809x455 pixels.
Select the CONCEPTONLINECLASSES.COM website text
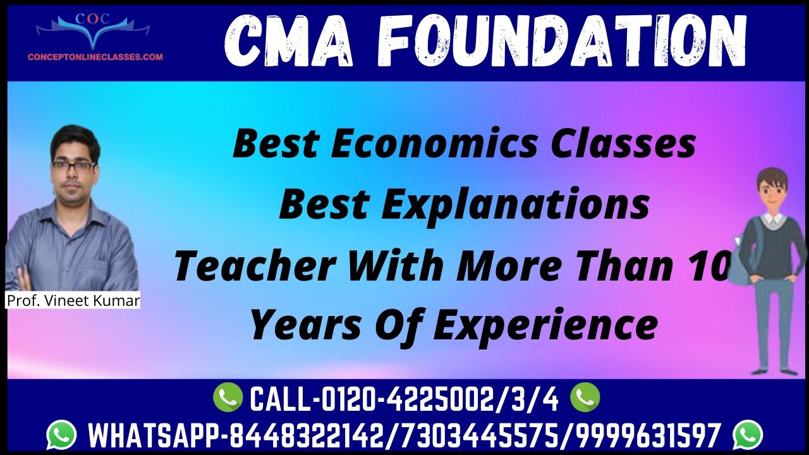(x=95, y=57)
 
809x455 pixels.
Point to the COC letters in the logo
(x=92, y=19)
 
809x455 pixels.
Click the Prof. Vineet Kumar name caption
(x=73, y=300)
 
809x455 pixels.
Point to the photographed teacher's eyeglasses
(x=74, y=166)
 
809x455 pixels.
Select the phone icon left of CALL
(x=228, y=397)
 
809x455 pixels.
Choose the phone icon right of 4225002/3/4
(x=585, y=397)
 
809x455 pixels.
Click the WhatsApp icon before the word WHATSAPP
(x=61, y=435)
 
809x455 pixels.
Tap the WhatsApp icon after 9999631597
(x=748, y=435)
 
